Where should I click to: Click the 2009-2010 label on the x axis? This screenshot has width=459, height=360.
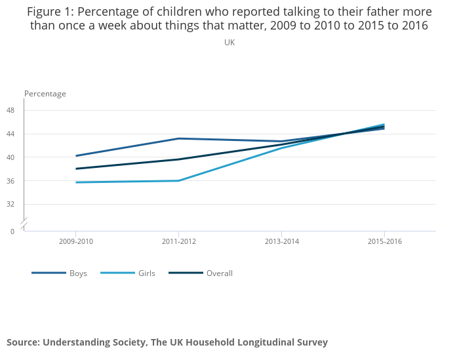pyautogui.click(x=76, y=241)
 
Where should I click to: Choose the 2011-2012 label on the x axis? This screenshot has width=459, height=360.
pyautogui.click(x=179, y=241)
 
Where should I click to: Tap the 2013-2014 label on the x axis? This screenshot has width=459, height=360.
pyautogui.click(x=282, y=241)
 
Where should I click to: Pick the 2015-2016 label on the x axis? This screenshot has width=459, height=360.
pyautogui.click(x=384, y=241)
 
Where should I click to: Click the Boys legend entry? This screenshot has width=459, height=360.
pyautogui.click(x=78, y=273)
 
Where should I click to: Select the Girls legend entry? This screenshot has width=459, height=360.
pyautogui.click(x=146, y=273)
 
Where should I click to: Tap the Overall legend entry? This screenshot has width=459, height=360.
pyautogui.click(x=219, y=273)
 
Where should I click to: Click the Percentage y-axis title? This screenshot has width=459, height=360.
pyautogui.click(x=45, y=94)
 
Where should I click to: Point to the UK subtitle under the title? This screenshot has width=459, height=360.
pyautogui.click(x=229, y=43)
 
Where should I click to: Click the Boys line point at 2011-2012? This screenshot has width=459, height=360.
pyautogui.click(x=179, y=138)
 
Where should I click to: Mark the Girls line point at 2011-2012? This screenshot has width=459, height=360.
pyautogui.click(x=179, y=180)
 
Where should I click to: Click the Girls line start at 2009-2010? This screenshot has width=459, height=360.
pyautogui.click(x=76, y=182)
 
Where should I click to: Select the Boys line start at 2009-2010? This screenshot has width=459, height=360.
pyautogui.click(x=76, y=155)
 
